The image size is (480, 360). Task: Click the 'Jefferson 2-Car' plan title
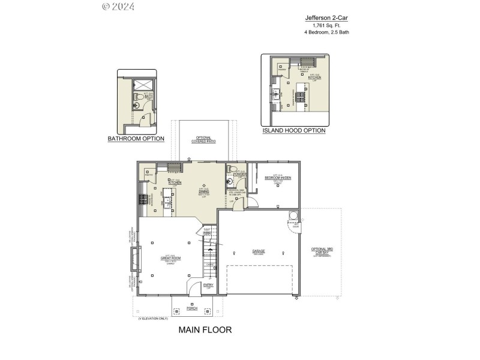coord(326,18)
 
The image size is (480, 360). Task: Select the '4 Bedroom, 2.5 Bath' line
coord(326,32)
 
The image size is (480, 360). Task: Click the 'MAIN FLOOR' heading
coord(205,329)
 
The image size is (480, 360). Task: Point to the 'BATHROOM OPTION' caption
coord(136,139)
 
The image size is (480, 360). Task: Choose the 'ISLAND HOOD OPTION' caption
coord(294,130)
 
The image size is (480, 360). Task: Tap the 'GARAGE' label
coord(259,251)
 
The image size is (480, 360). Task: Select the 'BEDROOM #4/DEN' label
coord(277,178)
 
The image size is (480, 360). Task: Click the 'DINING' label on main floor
coord(203,191)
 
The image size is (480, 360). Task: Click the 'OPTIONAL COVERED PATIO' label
coord(203,140)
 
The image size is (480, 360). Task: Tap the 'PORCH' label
coord(192,308)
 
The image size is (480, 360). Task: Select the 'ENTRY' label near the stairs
coord(208,285)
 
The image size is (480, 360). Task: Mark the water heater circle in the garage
coord(293,215)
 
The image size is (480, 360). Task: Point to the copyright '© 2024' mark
coord(118,7)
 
